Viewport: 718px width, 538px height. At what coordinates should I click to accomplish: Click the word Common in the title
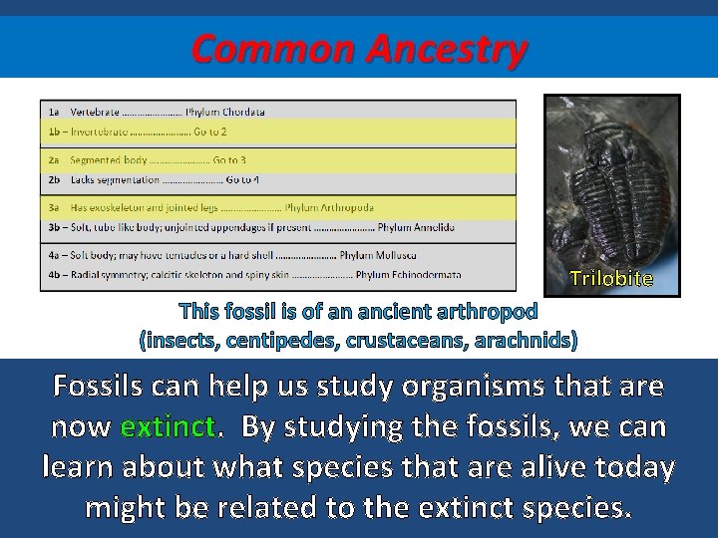[273, 48]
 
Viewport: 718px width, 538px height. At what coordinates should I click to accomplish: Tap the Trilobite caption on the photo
[610, 278]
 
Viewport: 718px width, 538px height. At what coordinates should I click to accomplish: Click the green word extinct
[168, 427]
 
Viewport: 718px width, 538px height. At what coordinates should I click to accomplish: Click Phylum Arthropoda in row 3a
[329, 208]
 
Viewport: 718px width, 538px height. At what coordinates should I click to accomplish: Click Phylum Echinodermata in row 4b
[409, 274]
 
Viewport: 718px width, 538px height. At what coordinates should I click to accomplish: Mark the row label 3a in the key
[54, 208]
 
